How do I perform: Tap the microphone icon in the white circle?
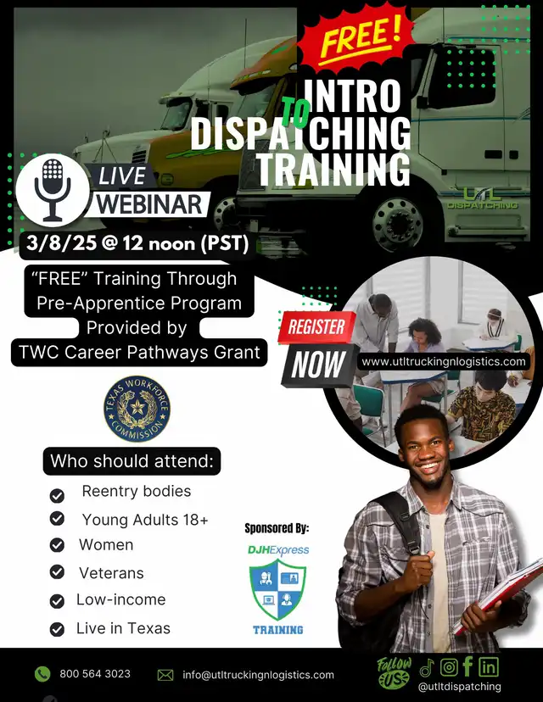[x=53, y=190]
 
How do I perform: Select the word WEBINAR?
[x=149, y=204]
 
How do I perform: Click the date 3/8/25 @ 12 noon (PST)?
[x=137, y=243]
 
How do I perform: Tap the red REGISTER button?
[x=316, y=327]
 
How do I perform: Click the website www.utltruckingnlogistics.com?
[x=444, y=361]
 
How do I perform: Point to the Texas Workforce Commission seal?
[x=137, y=409]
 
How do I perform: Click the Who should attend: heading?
[x=132, y=460]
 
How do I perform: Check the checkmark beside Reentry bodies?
[x=57, y=496]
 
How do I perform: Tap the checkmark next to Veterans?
[x=57, y=572]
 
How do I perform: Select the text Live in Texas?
[x=123, y=628]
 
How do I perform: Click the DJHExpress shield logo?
[x=277, y=588]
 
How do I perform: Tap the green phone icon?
[x=42, y=674]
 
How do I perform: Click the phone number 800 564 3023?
[x=95, y=674]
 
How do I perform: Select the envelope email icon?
[x=165, y=675]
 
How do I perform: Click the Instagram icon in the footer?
[x=449, y=667]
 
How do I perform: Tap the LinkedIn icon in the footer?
[x=489, y=667]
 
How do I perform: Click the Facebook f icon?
[x=467, y=666]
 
